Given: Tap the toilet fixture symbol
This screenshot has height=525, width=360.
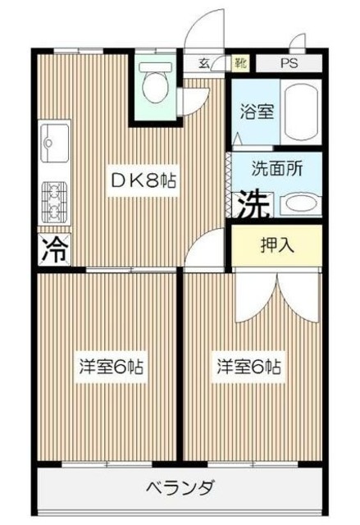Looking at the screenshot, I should (x=155, y=81).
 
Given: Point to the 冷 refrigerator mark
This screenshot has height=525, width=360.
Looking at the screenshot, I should (x=52, y=248).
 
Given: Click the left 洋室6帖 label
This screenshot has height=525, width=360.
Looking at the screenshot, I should (x=112, y=367).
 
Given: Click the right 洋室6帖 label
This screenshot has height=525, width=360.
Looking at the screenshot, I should (x=249, y=367).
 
